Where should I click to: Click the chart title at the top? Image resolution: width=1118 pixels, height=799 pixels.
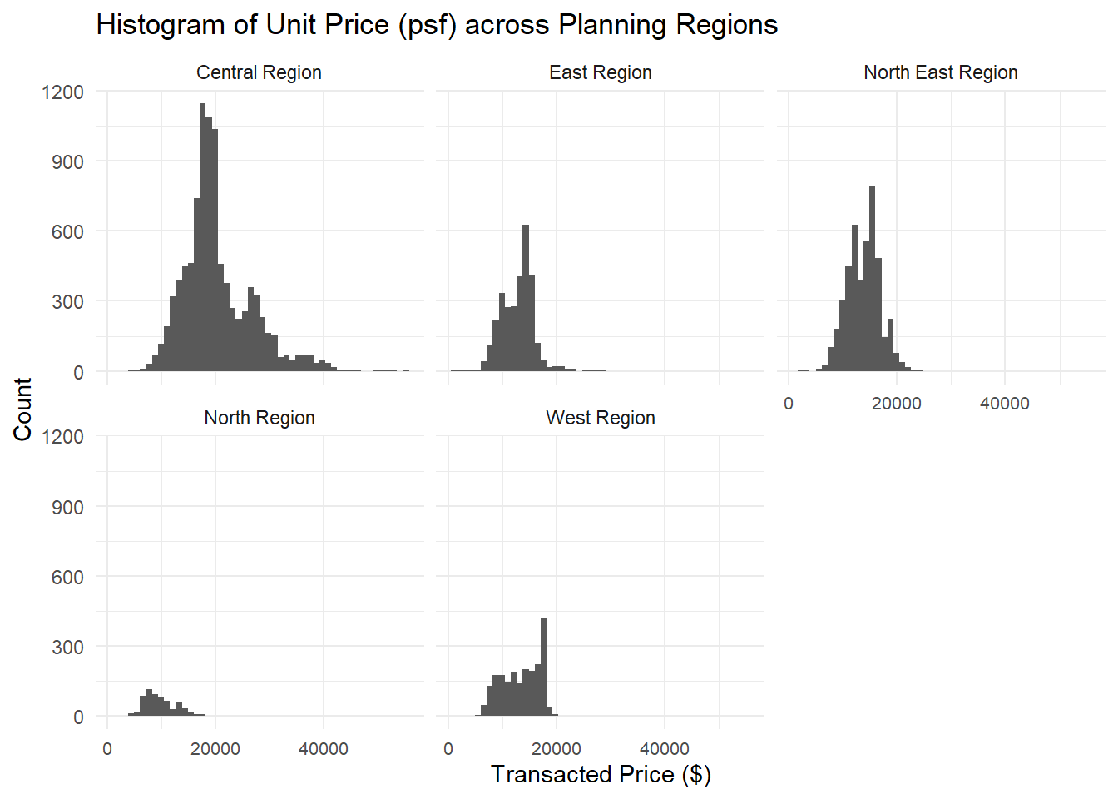[x=437, y=25]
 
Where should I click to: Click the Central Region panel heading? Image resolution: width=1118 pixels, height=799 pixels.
[x=259, y=72]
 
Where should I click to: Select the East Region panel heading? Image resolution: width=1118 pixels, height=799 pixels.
[x=600, y=72]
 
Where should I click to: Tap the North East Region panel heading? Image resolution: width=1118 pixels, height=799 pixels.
[x=940, y=72]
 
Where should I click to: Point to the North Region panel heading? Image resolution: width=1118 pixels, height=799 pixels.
[x=259, y=418]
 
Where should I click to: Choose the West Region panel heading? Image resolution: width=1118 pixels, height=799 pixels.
[x=600, y=418]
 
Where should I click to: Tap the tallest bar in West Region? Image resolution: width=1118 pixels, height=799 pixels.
[x=544, y=666]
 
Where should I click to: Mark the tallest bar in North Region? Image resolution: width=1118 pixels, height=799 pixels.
[x=149, y=702]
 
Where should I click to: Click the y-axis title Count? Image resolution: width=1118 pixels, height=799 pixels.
[x=22, y=409]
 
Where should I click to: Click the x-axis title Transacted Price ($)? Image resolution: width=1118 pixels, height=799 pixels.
[x=600, y=774]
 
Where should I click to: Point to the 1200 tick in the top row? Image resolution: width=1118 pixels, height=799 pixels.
[x=64, y=92]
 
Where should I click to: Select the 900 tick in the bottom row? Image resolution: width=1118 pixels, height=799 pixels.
[x=67, y=507]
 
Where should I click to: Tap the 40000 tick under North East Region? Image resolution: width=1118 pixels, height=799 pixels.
[x=1004, y=404]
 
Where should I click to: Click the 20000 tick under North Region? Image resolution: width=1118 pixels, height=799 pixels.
[x=215, y=749]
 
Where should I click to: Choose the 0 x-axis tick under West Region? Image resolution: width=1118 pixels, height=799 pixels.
[x=448, y=749]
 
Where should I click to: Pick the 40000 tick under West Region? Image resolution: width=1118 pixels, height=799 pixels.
[x=664, y=749]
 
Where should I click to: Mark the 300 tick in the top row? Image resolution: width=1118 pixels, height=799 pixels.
[x=67, y=301]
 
